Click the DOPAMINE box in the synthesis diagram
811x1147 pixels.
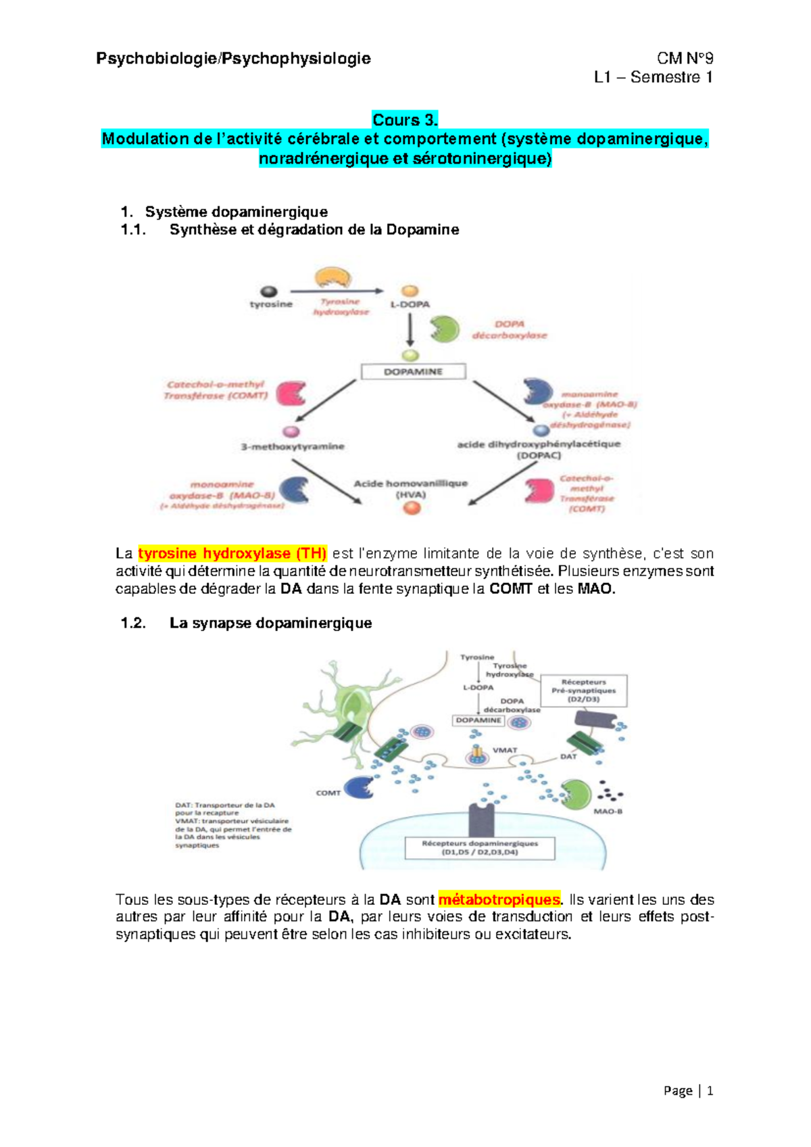413,371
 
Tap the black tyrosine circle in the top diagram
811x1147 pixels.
270,291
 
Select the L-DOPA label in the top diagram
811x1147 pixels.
410,304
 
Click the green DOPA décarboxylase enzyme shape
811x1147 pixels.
445,329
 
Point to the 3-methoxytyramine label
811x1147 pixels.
293,446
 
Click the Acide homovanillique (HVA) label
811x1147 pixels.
411,488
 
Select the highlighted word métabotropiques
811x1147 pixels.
499,899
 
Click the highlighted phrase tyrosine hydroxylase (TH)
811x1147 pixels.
232,553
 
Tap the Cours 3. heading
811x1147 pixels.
405,120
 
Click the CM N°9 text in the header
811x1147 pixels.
685,58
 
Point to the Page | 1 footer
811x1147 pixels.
688,1090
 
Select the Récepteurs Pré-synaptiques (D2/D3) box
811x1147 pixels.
583,690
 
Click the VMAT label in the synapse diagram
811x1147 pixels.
504,750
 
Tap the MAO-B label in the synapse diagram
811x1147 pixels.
608,811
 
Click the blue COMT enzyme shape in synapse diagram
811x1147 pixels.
359,787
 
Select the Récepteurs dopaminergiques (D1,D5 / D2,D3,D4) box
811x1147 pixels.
480,848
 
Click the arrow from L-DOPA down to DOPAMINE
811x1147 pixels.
410,330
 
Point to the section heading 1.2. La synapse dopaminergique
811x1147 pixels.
246,623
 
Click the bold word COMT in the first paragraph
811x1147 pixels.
511,588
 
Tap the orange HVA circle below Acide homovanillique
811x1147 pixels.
412,508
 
